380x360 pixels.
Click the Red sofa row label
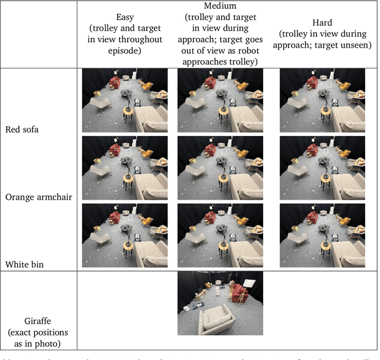(x=22, y=129)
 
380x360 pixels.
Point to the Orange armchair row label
(x=39, y=197)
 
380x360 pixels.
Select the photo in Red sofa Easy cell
(x=124, y=100)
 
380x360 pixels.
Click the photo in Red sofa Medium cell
(x=220, y=100)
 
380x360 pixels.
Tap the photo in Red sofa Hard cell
(x=322, y=100)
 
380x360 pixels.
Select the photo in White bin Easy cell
(x=124, y=236)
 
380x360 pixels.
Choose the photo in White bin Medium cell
(x=220, y=236)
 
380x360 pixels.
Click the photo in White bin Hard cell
(x=322, y=236)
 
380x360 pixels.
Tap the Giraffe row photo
(x=220, y=304)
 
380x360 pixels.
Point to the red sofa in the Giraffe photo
(x=239, y=290)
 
